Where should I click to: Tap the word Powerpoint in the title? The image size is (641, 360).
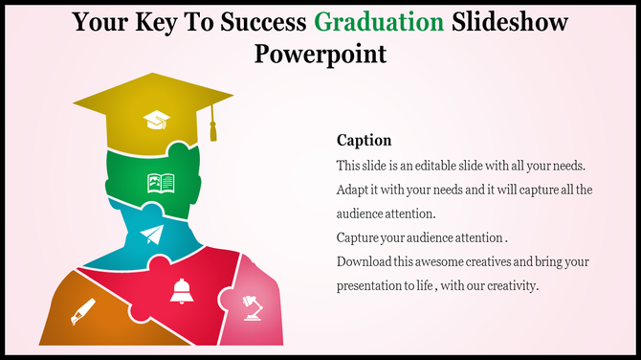320,53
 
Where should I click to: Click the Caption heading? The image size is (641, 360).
365,140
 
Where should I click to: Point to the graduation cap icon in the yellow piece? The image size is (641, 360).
156,120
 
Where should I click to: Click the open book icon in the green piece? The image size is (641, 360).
160,181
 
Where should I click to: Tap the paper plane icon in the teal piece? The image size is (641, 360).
152,236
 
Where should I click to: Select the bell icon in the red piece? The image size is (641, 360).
181,292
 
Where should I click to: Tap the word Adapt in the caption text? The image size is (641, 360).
353,190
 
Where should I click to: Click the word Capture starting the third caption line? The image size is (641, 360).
359,237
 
